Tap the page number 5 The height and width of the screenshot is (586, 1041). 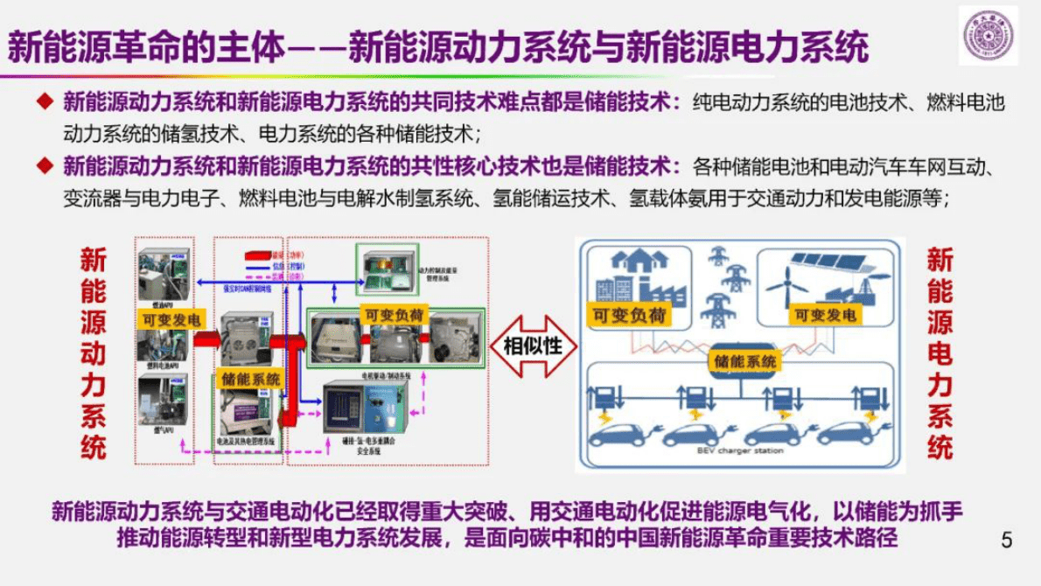(x=1006, y=540)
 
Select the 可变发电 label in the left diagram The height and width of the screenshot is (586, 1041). (x=168, y=320)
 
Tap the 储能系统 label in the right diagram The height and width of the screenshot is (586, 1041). (x=744, y=360)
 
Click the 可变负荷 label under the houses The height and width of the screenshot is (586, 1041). (x=628, y=315)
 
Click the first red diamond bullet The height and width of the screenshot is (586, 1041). (x=44, y=102)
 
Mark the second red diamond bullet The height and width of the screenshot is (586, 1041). (x=44, y=165)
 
